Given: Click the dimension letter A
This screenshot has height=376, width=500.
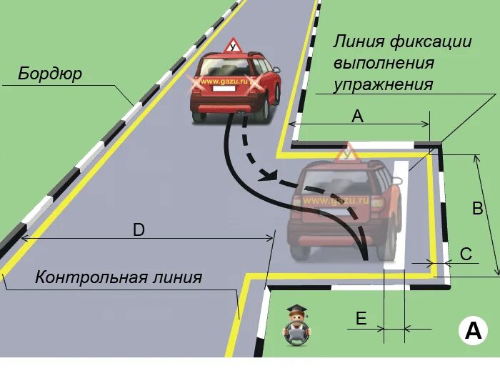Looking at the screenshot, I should pyautogui.click(x=359, y=117).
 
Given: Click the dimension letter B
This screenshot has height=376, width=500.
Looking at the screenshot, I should pyautogui.click(x=478, y=209).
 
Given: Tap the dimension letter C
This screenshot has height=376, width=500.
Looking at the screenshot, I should pyautogui.click(x=466, y=253).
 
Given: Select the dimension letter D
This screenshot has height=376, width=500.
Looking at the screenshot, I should pyautogui.click(x=139, y=229).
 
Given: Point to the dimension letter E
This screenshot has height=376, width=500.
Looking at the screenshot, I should pyautogui.click(x=361, y=319).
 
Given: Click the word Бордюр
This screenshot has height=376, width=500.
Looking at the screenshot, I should pyautogui.click(x=50, y=74).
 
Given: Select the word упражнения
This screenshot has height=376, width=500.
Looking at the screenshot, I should pyautogui.click(x=384, y=84).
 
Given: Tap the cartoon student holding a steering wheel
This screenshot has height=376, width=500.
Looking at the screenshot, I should pyautogui.click(x=296, y=326).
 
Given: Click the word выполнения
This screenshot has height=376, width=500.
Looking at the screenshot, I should pyautogui.click(x=384, y=62).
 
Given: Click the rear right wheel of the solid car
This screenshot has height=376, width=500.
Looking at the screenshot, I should pyautogui.click(x=265, y=109).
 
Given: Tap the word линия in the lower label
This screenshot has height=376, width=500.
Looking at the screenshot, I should pyautogui.click(x=176, y=277).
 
